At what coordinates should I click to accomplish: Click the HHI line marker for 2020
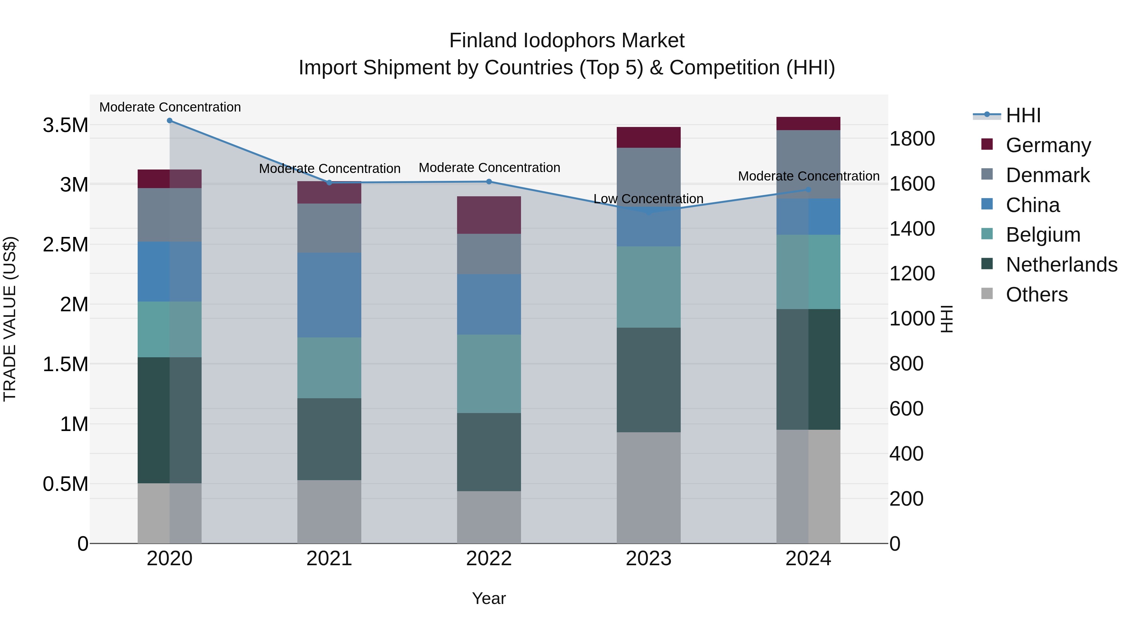point(169,121)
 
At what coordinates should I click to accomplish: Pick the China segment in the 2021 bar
point(329,295)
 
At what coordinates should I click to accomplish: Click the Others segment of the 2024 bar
point(808,486)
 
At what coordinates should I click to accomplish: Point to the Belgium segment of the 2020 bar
point(169,329)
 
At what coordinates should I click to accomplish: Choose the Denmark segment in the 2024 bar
point(808,164)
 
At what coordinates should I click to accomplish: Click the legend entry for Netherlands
point(1061,265)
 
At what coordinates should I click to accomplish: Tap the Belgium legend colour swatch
point(987,234)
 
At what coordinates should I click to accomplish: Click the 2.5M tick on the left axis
point(65,244)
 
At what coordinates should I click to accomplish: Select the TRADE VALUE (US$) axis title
point(10,319)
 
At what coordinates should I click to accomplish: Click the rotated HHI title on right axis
point(947,319)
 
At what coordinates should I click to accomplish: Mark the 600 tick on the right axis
point(906,409)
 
